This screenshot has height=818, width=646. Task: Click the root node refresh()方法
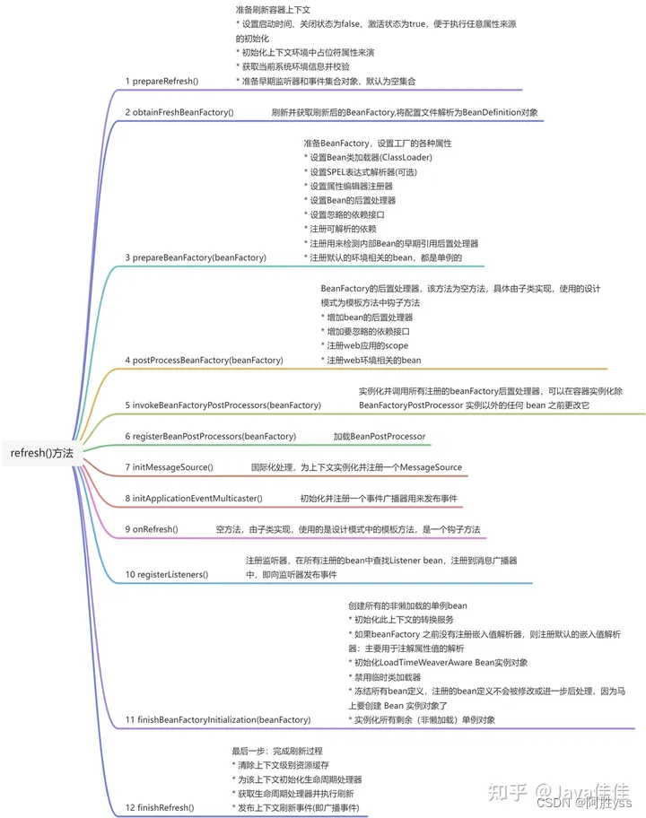42,453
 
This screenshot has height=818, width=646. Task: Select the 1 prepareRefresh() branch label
162,81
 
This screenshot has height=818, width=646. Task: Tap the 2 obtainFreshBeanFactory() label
179,112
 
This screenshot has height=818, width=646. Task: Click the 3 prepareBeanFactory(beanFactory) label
196,257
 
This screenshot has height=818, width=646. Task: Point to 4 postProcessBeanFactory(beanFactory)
204,360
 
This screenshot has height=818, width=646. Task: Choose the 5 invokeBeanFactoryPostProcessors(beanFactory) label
223,405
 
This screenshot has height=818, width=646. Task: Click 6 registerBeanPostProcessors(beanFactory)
210,437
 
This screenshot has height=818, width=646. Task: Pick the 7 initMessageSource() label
169,467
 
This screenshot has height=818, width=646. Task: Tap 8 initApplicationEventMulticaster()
194,498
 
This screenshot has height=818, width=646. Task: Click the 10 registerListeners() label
166,574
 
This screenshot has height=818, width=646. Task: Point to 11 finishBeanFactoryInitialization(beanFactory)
218,719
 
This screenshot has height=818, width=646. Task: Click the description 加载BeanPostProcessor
380,437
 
